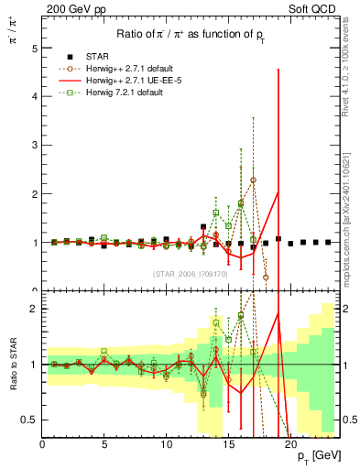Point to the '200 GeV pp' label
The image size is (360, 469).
tap(68, 8)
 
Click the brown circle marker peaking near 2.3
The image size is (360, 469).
tap(253, 180)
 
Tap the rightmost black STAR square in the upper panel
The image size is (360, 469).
tap(328, 243)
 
